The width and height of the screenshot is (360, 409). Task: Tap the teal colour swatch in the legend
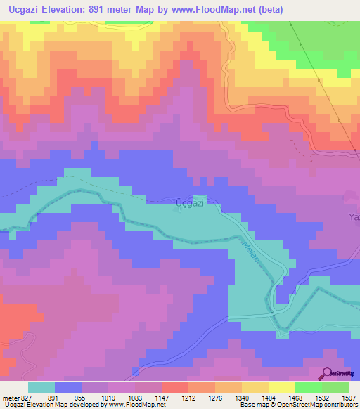click(x=41, y=387)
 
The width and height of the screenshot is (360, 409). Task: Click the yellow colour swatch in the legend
click(x=281, y=387)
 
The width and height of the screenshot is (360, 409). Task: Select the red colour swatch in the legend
click(x=174, y=387)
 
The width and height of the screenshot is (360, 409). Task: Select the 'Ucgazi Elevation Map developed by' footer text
click(x=52, y=405)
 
